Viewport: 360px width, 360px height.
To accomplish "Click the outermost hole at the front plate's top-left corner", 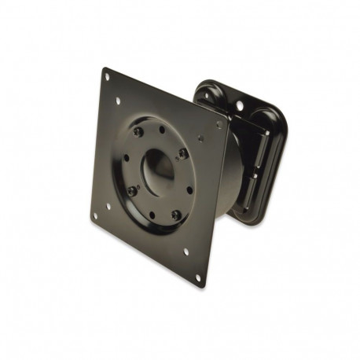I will click(107, 76).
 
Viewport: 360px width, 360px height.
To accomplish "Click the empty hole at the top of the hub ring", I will click(163, 133).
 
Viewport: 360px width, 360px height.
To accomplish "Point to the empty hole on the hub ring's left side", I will click(126, 157).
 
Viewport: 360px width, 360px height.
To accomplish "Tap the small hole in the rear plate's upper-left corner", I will click(207, 94).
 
